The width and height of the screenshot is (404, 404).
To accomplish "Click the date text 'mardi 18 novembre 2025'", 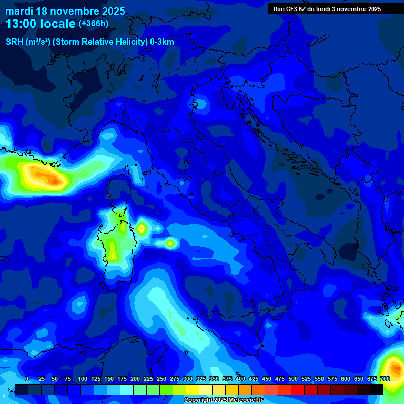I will tap(65, 11).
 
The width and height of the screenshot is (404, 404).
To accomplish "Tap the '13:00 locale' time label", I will tap(41, 24).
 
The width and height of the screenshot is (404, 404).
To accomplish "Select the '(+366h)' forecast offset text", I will tap(94, 24).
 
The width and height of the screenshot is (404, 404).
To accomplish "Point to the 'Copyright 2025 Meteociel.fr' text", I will tap(223, 400).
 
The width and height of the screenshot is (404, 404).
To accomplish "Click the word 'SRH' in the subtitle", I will tap(15, 42).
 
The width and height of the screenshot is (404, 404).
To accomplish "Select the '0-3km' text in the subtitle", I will tap(161, 42).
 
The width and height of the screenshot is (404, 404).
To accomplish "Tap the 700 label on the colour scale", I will tap(385, 379).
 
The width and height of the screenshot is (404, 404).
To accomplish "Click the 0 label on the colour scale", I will tap(27, 379).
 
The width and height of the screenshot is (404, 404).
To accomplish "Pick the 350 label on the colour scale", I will tap(214, 379).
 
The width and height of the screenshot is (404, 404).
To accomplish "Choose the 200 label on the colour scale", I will tap(135, 379).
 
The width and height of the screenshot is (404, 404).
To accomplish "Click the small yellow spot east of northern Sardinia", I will tap(142, 228).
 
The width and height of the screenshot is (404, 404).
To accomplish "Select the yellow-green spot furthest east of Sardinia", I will tap(170, 243).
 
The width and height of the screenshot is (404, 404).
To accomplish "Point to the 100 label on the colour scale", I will tap(83, 379).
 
